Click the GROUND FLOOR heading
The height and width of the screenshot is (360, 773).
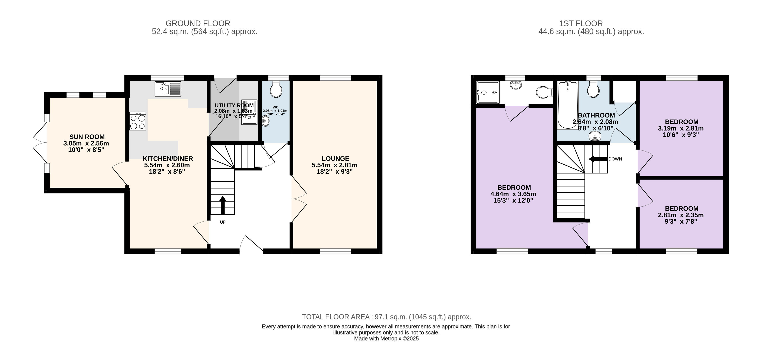(198, 23)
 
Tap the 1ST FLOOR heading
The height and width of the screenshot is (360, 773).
(581, 23)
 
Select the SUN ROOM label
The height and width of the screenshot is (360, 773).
(87, 137)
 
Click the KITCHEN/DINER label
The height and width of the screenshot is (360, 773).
(168, 158)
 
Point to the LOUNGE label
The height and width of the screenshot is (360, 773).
(335, 158)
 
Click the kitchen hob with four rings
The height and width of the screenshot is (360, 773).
(138, 121)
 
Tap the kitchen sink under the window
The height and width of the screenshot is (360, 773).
(168, 89)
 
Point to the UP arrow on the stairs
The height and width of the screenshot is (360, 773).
(222, 205)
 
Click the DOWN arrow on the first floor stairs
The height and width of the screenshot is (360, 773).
(598, 159)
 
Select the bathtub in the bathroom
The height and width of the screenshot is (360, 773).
(568, 105)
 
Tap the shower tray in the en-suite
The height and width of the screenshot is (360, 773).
(488, 92)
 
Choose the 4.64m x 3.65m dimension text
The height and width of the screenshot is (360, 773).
(513, 194)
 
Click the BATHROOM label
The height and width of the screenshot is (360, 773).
(596, 115)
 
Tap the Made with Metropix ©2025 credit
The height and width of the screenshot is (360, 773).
(386, 339)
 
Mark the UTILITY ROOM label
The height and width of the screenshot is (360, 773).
(234, 105)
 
